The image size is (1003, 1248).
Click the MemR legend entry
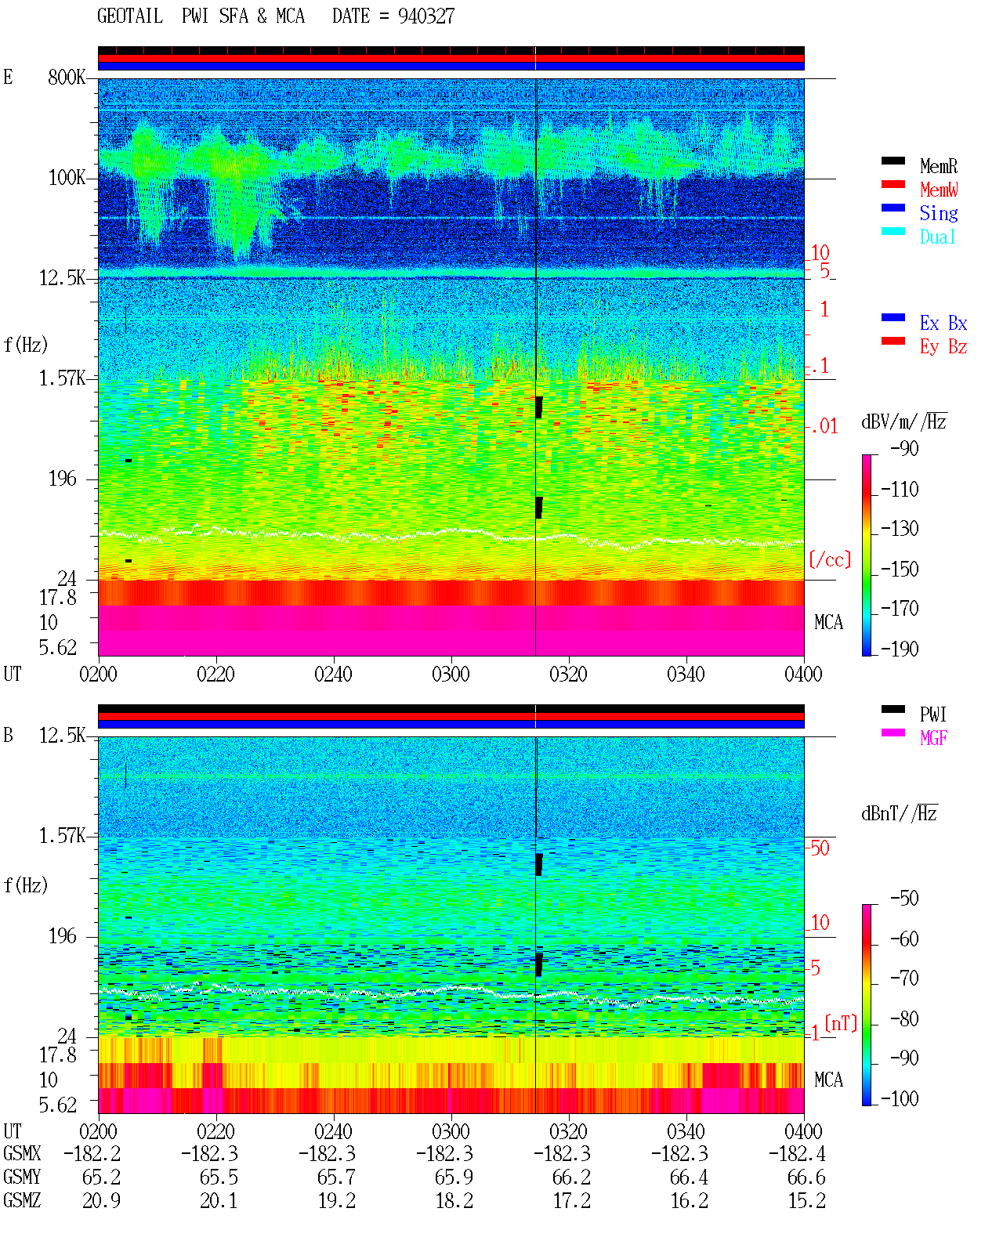coord(938,166)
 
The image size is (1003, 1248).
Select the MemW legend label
coord(939,190)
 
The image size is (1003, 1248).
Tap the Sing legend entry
coord(938,213)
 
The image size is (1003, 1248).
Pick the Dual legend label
coord(937,237)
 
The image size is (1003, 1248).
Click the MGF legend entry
coord(933,738)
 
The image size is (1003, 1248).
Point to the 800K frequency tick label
coord(67,77)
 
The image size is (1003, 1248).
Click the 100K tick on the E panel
coord(67,178)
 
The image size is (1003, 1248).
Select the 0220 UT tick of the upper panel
coord(215,674)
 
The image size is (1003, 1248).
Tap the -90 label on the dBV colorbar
coord(904,448)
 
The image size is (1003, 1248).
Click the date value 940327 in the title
coord(426,16)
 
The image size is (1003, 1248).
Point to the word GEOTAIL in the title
coord(130,16)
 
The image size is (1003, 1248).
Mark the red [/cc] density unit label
coord(830,559)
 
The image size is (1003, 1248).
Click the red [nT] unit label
coord(841,1023)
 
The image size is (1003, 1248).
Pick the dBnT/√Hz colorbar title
coord(899,813)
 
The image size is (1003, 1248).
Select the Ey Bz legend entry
coord(943,347)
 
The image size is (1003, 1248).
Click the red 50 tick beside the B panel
coord(820,848)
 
